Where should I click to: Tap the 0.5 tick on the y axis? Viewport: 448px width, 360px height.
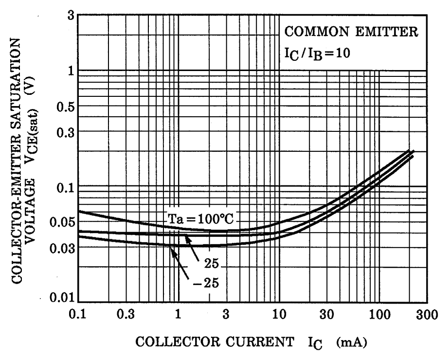67,108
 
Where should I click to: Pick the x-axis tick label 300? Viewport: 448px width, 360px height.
418,315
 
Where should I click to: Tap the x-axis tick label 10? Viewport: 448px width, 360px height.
278,315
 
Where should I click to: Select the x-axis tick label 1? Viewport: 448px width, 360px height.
179,315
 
